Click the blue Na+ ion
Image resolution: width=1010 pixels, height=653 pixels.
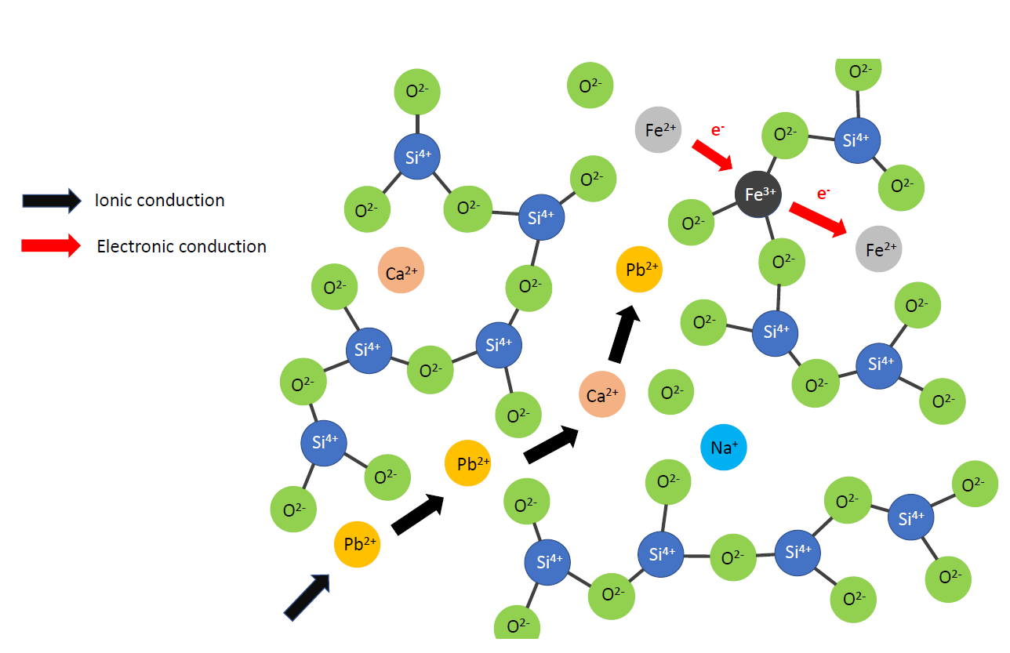(723, 448)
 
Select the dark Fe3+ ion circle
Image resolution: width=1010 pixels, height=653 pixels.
(758, 194)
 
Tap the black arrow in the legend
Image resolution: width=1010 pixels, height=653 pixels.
(51, 201)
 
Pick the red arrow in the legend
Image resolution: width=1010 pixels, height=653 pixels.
(51, 245)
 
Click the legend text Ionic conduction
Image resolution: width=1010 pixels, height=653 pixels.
(159, 200)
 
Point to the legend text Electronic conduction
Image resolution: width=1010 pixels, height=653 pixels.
(181, 246)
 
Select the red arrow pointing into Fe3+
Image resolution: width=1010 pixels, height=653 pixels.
(711, 155)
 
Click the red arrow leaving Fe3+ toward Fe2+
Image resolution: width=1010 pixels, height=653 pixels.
(818, 219)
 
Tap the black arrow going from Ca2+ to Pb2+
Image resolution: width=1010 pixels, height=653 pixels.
(624, 335)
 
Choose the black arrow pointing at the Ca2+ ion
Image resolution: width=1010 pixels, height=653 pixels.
(551, 444)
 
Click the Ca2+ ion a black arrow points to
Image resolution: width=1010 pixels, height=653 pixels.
(601, 395)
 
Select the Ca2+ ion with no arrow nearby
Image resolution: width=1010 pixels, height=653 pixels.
(401, 271)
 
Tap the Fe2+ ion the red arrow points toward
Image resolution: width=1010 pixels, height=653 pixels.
(879, 249)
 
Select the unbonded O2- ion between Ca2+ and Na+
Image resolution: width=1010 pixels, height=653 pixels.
(671, 391)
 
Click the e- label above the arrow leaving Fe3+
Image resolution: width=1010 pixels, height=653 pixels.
(823, 194)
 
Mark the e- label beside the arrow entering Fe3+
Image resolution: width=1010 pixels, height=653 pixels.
(717, 130)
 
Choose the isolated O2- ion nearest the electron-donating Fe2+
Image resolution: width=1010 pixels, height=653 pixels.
(590, 85)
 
